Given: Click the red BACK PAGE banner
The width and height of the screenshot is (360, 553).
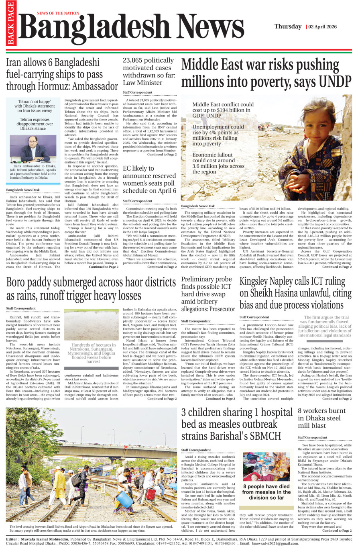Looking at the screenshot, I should coord(10,23).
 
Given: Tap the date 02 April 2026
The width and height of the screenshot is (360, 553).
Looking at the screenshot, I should coord(323,27).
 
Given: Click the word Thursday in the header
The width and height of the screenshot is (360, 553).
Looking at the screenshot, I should coord(288,27).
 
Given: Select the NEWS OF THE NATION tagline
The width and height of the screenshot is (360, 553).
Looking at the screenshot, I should coord(58,13).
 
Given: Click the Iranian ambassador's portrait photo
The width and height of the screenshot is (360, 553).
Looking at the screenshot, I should coord(33,148).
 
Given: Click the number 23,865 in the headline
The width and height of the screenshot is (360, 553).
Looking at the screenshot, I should coord(137,61).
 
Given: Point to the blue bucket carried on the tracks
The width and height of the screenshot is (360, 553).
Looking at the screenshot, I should coord(124,499).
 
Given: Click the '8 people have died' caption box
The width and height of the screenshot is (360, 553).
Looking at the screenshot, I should coord(266,492).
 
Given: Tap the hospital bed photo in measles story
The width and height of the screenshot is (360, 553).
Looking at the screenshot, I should coord(266,466).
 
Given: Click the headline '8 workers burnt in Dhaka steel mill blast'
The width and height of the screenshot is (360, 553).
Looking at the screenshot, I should coord(321,418).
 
